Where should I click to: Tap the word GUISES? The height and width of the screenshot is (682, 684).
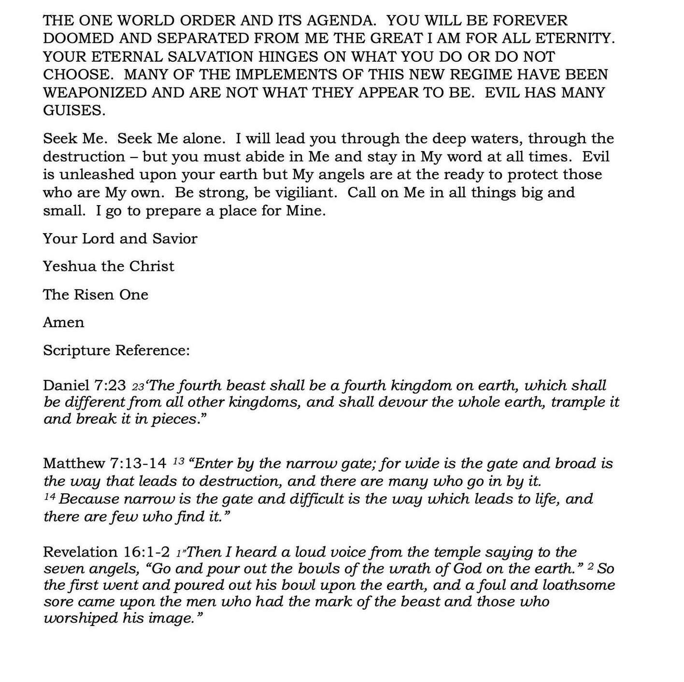(74, 111)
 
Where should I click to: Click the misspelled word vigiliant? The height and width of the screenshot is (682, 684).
(306, 193)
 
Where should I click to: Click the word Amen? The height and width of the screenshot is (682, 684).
(63, 322)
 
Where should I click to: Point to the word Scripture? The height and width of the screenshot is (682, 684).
(76, 350)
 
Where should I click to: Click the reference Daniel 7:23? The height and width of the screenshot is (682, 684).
(85, 386)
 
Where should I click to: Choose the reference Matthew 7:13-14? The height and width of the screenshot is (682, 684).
(104, 463)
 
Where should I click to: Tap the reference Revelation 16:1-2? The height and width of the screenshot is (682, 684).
(106, 552)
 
